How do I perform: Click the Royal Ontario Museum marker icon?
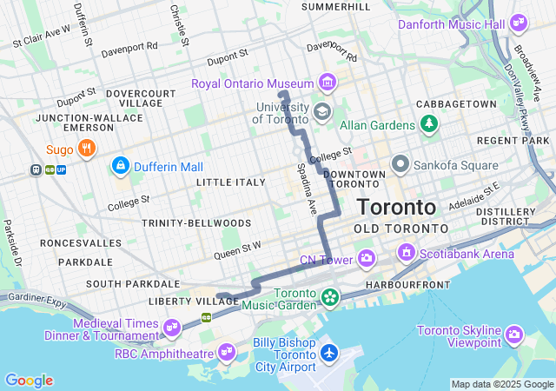click(x=327, y=83)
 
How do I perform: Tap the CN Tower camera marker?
click(x=367, y=258)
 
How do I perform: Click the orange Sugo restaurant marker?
click(x=85, y=149)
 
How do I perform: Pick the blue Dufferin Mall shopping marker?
click(x=120, y=165)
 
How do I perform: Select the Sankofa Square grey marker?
click(x=400, y=163)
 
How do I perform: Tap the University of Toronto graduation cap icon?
click(x=322, y=111)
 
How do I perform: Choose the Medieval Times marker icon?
click(x=171, y=328)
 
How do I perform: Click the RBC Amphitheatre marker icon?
click(x=227, y=352)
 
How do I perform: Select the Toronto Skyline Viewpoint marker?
click(x=514, y=335)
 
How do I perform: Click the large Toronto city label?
click(x=396, y=208)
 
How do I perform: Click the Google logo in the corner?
click(x=29, y=381)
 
